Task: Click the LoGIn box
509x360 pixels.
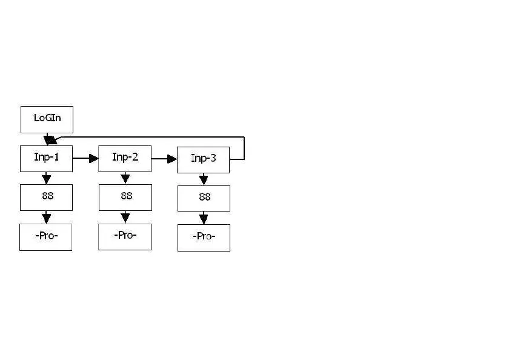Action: pos(47,119)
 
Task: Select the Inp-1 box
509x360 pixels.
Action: pos(46,159)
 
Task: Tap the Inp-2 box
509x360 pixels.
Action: pos(125,159)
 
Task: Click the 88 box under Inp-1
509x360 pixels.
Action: pos(46,197)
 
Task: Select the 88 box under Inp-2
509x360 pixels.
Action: pos(125,197)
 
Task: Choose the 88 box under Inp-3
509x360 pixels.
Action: pos(204,198)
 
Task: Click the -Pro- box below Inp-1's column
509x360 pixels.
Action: pos(46,237)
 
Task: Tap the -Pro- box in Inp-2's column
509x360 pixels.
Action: pos(125,236)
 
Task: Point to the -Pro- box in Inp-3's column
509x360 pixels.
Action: pos(204,238)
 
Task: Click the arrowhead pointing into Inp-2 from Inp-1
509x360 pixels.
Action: pos(94,159)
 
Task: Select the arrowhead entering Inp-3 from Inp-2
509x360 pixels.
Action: pos(172,159)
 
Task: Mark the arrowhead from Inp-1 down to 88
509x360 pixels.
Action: pos(47,179)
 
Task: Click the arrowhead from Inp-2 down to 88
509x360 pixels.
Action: pos(125,179)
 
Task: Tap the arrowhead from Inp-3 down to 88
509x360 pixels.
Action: pos(204,180)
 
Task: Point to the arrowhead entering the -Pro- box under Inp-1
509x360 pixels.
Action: pos(47,219)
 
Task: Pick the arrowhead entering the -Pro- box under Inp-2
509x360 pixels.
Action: pos(125,218)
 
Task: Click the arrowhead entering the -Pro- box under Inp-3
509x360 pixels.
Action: pos(204,219)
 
